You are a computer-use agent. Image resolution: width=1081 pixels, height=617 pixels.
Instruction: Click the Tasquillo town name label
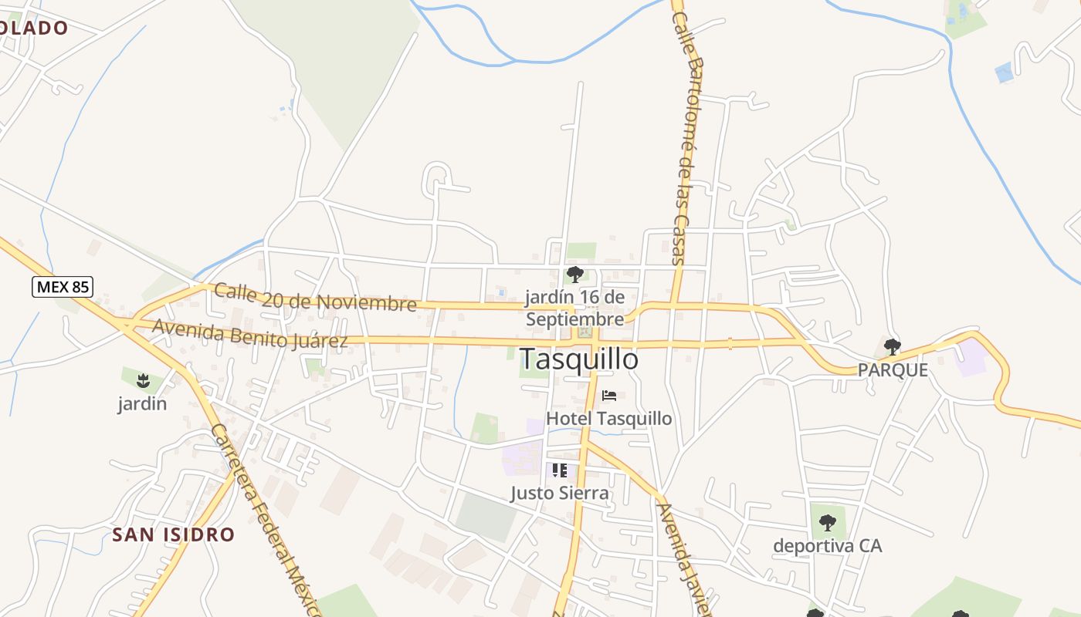(579, 359)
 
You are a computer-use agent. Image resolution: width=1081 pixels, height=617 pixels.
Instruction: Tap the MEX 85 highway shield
(63, 288)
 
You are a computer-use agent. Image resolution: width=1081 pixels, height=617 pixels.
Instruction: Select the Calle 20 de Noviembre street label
(315, 298)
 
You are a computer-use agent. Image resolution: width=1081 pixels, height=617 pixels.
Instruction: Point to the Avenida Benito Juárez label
(250, 333)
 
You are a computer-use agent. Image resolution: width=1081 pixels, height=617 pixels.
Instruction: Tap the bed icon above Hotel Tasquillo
(609, 396)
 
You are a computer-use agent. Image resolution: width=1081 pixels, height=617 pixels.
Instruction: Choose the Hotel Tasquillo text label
(609, 419)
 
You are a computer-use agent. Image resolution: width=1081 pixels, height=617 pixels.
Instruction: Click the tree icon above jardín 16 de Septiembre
(574, 274)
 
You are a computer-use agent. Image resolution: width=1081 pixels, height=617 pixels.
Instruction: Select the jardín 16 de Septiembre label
(574, 308)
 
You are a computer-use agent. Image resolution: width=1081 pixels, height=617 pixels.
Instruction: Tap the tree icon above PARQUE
(893, 346)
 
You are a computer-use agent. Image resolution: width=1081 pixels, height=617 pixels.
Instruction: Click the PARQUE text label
(893, 370)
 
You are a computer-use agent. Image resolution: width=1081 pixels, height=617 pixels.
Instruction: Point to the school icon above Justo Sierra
(560, 470)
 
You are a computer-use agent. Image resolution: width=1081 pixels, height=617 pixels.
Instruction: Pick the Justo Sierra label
(560, 493)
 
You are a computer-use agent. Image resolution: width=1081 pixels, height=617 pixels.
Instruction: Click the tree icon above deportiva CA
(828, 523)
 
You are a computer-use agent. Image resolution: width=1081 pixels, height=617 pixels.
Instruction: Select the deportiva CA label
(828, 546)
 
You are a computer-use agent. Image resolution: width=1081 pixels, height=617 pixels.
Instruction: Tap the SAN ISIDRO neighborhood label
(173, 534)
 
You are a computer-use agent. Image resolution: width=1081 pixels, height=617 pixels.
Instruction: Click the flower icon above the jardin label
(142, 379)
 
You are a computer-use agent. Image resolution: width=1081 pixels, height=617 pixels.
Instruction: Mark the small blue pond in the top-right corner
(1004, 73)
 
